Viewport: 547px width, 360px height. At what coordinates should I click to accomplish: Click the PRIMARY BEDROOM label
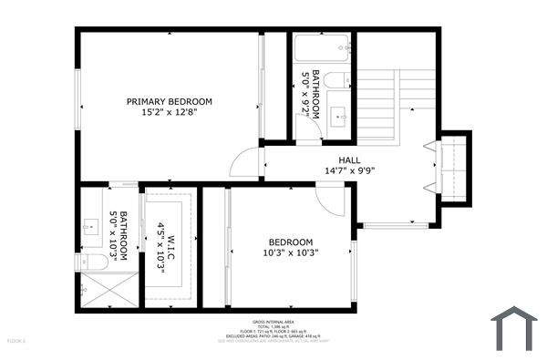click(170, 101)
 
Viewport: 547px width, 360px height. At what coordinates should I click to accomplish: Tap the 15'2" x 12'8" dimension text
click(170, 112)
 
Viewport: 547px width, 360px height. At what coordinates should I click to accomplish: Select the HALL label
click(336, 159)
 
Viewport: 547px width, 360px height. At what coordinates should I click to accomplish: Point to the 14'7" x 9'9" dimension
click(336, 170)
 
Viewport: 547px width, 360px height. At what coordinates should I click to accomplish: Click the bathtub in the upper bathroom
click(322, 46)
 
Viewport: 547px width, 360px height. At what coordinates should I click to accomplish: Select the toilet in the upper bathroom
click(336, 80)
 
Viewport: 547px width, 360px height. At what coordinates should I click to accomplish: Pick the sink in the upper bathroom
click(337, 116)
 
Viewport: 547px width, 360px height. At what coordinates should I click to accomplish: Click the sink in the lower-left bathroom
click(92, 227)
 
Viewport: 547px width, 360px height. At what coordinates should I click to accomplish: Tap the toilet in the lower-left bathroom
click(92, 262)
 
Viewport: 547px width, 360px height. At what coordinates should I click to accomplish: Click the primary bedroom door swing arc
click(243, 164)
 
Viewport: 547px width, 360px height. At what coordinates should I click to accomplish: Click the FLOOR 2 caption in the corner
click(16, 340)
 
